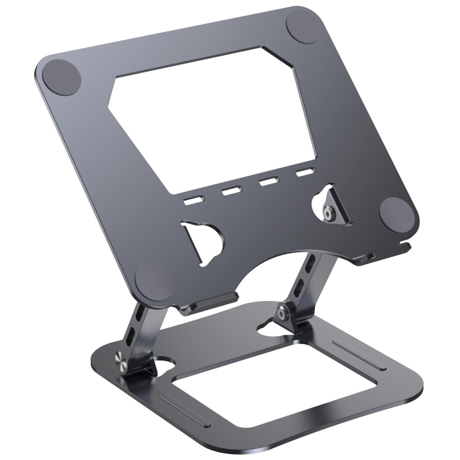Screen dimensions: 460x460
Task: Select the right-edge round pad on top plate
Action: pyautogui.click(x=396, y=212)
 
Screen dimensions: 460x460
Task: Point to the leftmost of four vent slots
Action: pyautogui.click(x=193, y=200)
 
